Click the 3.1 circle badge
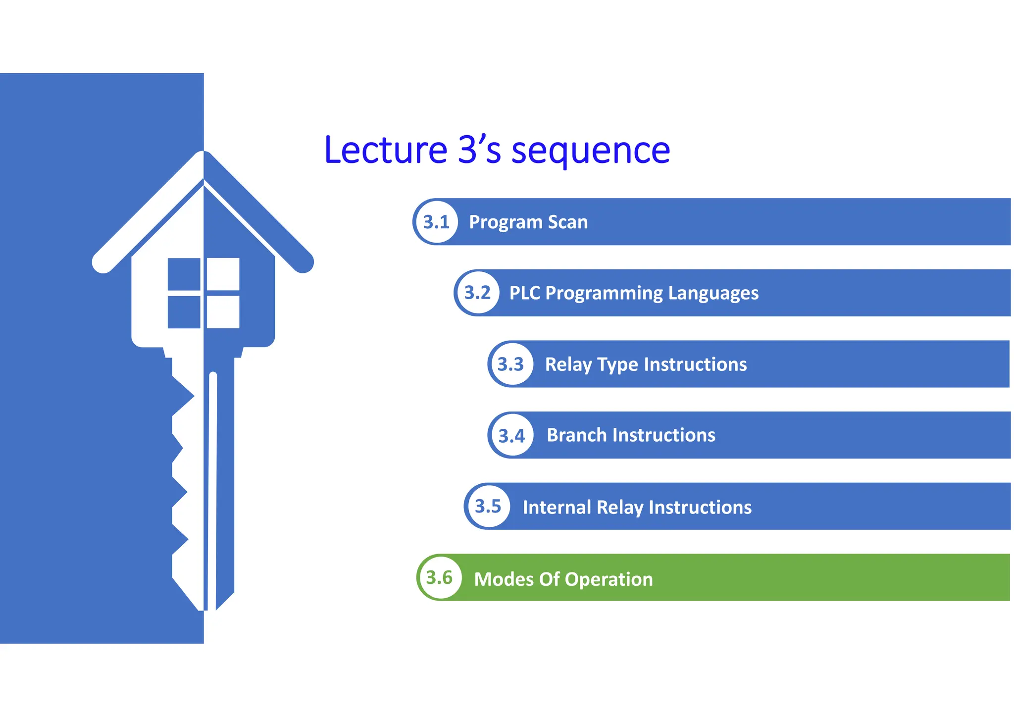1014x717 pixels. [x=436, y=222]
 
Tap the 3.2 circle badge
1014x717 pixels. [x=477, y=293]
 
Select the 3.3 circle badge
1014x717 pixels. [x=510, y=364]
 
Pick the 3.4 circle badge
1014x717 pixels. [x=511, y=436]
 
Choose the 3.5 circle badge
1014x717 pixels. [x=488, y=507]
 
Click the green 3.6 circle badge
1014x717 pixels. [x=439, y=578]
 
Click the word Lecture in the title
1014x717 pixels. [x=386, y=150]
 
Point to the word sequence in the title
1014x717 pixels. [x=590, y=151]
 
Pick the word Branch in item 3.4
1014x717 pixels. [x=577, y=435]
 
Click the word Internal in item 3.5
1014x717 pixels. [x=557, y=508]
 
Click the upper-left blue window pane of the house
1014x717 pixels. [x=184, y=274]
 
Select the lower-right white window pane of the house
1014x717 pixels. [x=223, y=312]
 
